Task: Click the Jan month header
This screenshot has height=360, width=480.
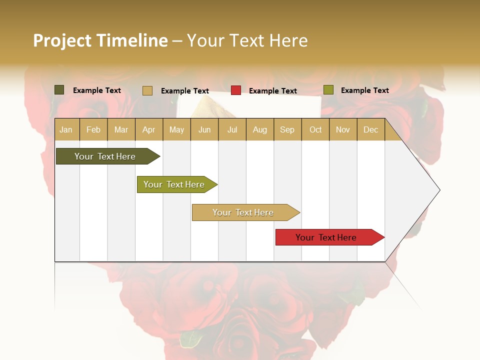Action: click(x=66, y=129)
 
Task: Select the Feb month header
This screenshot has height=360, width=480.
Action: click(x=93, y=129)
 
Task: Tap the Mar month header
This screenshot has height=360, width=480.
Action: click(x=121, y=129)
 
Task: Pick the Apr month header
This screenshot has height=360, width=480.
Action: click(x=149, y=129)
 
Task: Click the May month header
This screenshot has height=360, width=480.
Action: click(x=176, y=129)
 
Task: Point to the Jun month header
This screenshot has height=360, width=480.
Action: click(x=204, y=129)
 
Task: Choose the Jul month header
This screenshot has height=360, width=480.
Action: click(x=232, y=129)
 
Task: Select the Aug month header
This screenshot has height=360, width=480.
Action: click(x=260, y=129)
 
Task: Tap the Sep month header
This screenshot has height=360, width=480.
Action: click(x=287, y=129)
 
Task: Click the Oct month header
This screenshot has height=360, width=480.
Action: click(x=315, y=129)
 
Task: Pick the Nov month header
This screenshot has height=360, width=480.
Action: click(x=343, y=129)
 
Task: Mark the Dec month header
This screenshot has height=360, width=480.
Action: click(x=371, y=129)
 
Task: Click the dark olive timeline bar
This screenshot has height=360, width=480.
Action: click(x=105, y=156)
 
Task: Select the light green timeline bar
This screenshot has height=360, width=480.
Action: click(x=174, y=184)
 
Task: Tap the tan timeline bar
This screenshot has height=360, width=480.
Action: click(x=243, y=212)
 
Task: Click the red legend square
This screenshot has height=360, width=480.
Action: click(x=236, y=90)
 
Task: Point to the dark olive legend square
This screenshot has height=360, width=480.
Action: click(x=59, y=90)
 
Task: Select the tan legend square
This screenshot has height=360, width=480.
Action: click(x=147, y=90)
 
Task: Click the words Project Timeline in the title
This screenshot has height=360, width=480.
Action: click(x=100, y=40)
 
